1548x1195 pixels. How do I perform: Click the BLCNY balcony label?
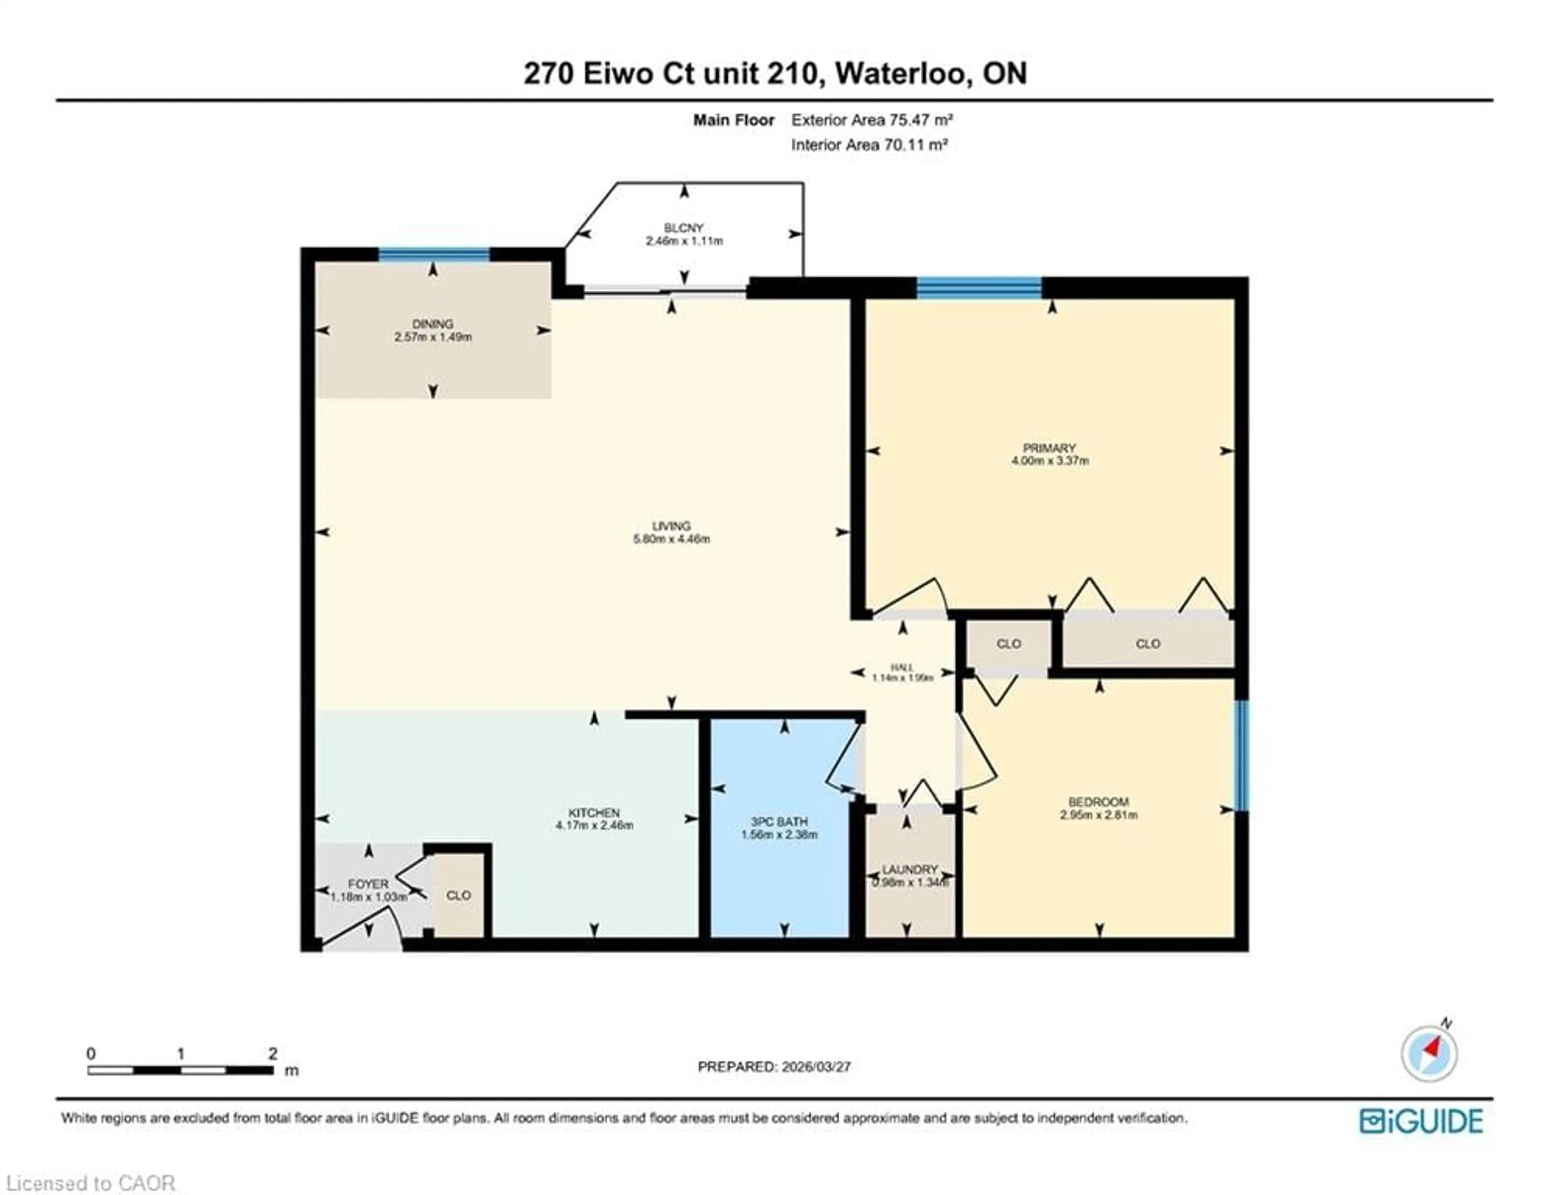tap(683, 227)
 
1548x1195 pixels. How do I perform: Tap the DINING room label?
tap(433, 324)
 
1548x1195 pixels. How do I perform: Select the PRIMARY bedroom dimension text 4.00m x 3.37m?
tap(1050, 461)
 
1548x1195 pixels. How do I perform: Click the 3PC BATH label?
tap(779, 822)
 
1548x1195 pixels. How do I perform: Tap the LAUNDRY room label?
tap(909, 869)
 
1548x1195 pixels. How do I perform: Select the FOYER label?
tap(368, 884)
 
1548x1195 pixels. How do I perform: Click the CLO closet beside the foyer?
tap(458, 895)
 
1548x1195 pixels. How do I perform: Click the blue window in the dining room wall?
tap(434, 254)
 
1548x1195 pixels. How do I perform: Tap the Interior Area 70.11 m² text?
tap(869, 145)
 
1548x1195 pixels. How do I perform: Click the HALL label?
tap(901, 667)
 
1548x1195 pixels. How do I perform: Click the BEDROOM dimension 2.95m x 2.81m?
tap(1099, 815)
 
